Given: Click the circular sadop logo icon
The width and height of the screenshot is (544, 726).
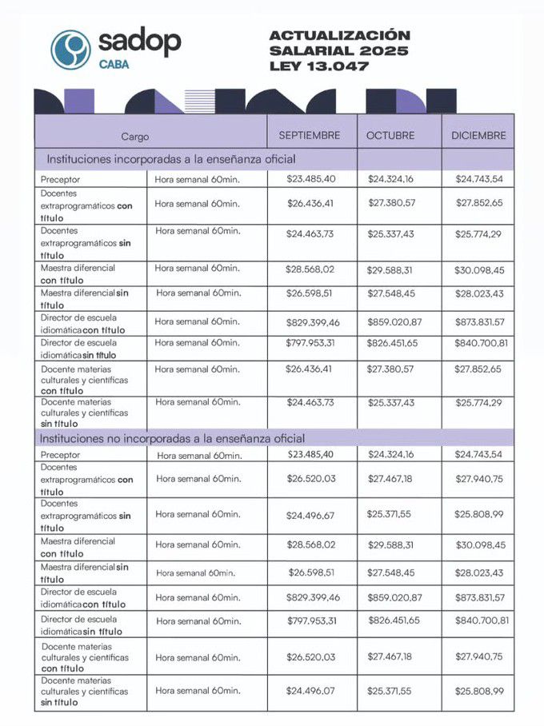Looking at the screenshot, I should [x=70, y=49].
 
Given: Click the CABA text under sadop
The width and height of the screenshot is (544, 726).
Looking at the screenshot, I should [x=117, y=65].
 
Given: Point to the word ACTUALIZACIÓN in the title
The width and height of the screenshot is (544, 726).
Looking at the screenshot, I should [x=339, y=36].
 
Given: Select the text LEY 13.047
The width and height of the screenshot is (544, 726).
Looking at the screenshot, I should [x=319, y=66].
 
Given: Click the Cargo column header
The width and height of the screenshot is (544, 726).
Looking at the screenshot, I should [x=135, y=137].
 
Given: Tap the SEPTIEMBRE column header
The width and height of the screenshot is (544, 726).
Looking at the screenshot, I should [x=310, y=135].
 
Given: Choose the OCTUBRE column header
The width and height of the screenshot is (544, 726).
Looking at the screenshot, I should [x=390, y=136].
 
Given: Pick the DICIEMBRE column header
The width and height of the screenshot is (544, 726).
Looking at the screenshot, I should [x=478, y=136].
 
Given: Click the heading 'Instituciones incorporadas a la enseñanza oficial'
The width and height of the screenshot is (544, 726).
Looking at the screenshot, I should [x=171, y=159].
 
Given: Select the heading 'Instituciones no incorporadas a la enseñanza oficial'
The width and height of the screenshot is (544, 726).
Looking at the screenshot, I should [x=175, y=438].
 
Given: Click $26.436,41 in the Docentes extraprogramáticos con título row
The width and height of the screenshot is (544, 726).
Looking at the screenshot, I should [x=310, y=203].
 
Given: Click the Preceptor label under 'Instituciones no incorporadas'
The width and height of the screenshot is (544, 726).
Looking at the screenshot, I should [x=61, y=455].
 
